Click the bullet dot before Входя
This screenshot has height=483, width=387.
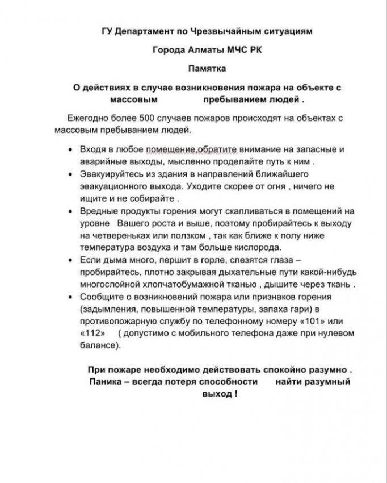(69, 149)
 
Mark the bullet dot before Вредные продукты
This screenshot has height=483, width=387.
(69, 211)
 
